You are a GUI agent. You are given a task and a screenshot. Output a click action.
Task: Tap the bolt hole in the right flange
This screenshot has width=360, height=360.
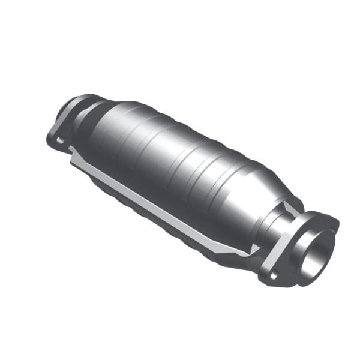coord(274,275)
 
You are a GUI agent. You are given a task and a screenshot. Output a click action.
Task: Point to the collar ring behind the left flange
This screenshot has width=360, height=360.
coord(84,114)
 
